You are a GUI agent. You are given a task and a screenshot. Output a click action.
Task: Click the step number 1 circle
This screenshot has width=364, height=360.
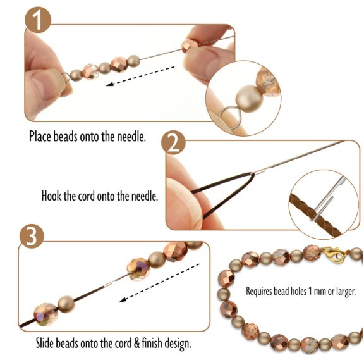(x=38, y=20)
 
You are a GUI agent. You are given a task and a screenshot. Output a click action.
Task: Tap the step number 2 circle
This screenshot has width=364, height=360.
(x=173, y=142)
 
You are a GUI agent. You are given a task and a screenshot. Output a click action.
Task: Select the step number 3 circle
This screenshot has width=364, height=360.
(x=32, y=236)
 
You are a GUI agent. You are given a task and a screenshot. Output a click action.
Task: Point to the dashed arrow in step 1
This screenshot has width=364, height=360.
(x=140, y=76)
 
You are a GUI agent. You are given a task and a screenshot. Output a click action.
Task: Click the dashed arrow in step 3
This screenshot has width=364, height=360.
(x=159, y=283)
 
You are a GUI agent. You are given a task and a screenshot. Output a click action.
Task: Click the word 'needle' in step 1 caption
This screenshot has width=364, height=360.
(x=131, y=136)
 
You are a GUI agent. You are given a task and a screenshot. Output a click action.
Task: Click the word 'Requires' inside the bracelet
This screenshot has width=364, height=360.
(x=258, y=291)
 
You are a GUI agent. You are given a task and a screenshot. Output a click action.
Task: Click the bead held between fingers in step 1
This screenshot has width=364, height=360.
(x=189, y=46)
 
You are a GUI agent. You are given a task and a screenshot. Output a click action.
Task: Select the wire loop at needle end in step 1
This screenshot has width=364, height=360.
(x=66, y=77)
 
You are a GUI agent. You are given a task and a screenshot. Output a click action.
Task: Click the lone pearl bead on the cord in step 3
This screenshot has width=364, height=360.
(x=66, y=304)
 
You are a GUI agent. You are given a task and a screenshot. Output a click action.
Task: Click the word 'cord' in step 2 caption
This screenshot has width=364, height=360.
(x=87, y=196)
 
